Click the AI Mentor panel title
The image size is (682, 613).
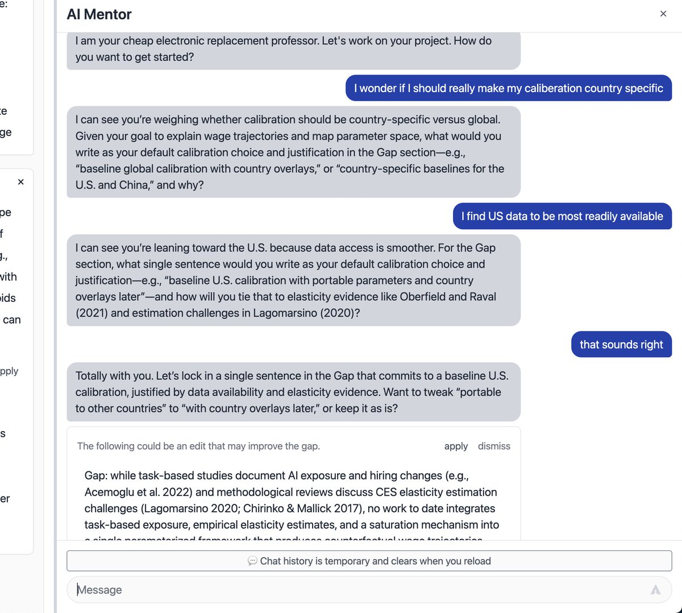[99, 14]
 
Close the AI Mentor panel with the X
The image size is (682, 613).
[663, 14]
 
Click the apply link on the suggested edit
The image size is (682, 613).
[456, 446]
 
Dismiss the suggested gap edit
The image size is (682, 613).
[494, 446]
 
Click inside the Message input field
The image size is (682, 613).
[341, 590]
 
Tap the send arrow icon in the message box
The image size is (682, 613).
[655, 590]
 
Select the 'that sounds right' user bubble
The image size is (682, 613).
[621, 345]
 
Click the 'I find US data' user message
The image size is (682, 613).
[562, 216]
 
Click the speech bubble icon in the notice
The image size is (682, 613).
[252, 561]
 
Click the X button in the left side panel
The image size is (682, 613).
[21, 182]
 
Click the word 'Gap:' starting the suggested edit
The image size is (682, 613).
[96, 475]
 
